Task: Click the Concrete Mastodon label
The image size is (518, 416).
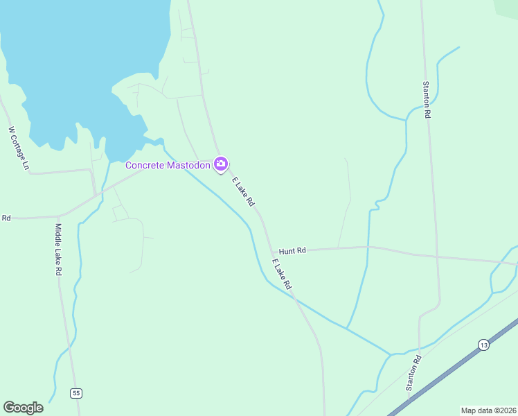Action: (x=168, y=165)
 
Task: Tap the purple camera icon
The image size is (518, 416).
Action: (x=221, y=164)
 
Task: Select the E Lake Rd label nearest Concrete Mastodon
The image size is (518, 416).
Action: (x=243, y=192)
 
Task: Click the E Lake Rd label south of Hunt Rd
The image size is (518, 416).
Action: (x=282, y=274)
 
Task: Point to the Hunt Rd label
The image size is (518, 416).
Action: (x=292, y=250)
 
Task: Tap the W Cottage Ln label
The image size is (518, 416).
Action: (x=19, y=148)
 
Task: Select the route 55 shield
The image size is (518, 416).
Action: (x=76, y=393)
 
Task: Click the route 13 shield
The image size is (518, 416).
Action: (x=483, y=344)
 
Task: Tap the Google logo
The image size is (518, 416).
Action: (x=23, y=407)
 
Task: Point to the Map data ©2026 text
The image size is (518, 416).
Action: (x=488, y=410)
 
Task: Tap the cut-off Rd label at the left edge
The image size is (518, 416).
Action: (x=6, y=218)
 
